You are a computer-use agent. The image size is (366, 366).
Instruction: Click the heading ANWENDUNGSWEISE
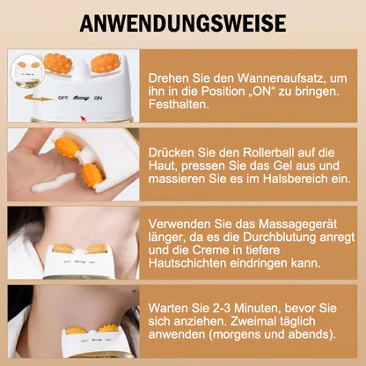click(182, 22)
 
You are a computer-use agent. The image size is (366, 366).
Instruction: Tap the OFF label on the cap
click(63, 99)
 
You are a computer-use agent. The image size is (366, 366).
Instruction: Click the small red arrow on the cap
click(84, 115)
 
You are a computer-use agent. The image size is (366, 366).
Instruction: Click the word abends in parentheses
click(306, 337)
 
